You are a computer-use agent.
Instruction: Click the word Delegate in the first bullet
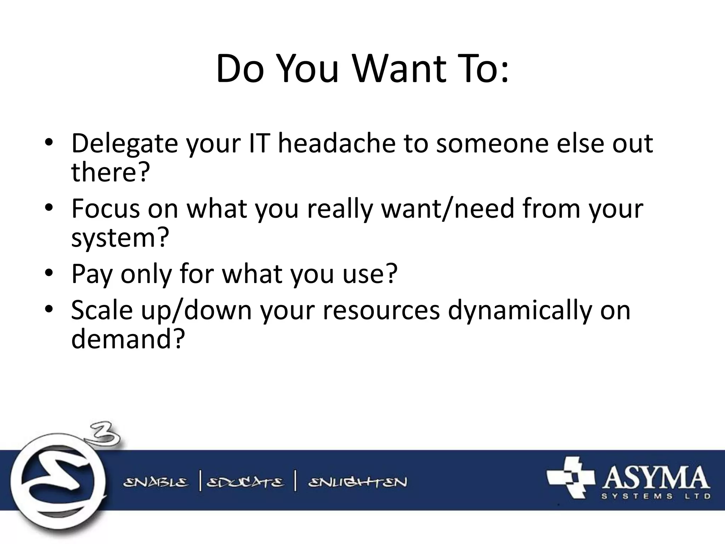[124, 144]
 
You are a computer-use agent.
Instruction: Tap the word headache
[336, 143]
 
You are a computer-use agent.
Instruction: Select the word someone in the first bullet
[492, 143]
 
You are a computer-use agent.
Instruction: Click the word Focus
[105, 209]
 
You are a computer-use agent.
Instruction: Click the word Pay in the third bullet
[92, 274]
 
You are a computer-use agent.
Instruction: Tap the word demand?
[128, 339]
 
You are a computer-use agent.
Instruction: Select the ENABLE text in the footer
[156, 482]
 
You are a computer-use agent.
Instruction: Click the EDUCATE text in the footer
[245, 482]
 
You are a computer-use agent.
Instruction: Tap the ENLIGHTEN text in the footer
[358, 482]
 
